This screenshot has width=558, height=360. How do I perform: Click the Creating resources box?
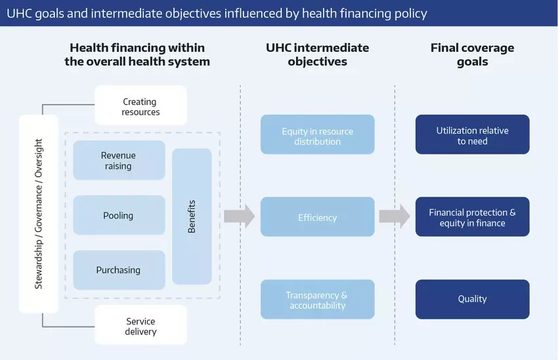point(140,106)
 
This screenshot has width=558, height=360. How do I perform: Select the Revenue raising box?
point(119,160)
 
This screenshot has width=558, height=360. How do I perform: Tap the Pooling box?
point(119,215)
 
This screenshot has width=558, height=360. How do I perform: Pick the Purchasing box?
point(119,270)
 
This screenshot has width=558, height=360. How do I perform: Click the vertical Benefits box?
point(192,216)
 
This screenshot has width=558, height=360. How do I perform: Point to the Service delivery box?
point(140,326)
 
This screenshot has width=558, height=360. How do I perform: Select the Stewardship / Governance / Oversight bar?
point(39,214)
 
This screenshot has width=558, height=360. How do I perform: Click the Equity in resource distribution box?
point(317,136)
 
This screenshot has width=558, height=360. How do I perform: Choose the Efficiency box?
point(317,217)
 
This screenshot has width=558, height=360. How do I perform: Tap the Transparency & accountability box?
point(317,300)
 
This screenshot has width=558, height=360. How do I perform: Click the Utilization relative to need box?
point(472,136)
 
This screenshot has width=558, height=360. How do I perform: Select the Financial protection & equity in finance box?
point(472,217)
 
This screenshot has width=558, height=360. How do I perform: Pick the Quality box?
point(472,299)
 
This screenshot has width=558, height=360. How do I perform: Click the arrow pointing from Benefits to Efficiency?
point(239,216)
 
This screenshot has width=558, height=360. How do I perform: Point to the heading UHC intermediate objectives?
point(317,55)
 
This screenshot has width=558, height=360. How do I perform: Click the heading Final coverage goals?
point(472,55)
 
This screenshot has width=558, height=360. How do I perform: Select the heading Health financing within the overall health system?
point(137,55)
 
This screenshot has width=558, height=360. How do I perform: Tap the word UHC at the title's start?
point(19,13)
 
